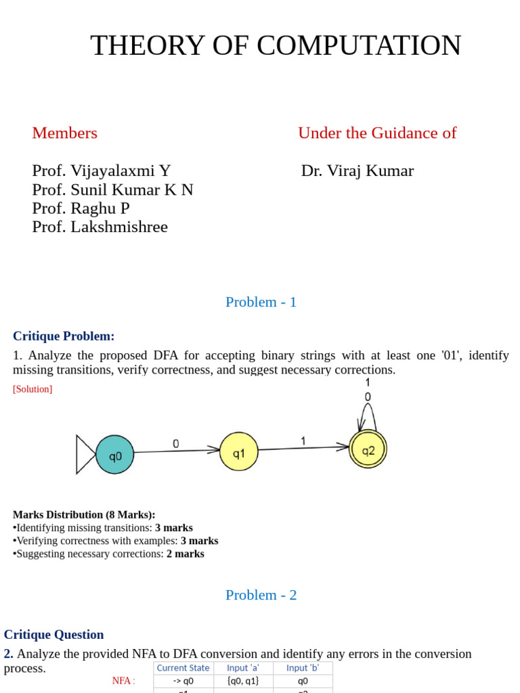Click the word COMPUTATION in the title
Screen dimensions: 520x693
point(359,46)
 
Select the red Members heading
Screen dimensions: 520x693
point(64,133)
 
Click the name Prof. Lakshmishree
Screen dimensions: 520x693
point(100,227)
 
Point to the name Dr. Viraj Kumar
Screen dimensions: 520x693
point(357,171)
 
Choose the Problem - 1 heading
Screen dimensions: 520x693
point(261,302)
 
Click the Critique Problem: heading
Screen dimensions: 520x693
point(64,336)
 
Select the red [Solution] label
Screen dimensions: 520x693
point(32,389)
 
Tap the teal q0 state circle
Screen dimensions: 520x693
point(115,455)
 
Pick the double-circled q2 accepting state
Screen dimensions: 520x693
point(368,449)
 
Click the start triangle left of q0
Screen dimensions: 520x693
point(85,454)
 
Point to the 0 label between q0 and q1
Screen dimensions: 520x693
point(176,444)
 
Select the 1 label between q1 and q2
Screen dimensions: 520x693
point(303,441)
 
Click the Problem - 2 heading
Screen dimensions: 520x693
point(261,595)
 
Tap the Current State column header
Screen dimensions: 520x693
point(183,668)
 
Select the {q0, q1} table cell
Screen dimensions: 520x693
point(243,681)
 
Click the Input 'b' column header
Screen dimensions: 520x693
point(303,668)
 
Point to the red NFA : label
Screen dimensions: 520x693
point(124,681)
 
